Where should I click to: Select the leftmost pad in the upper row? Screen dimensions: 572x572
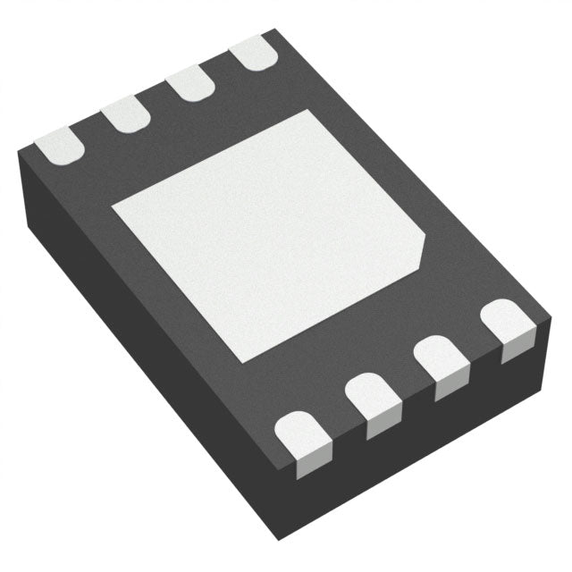coord(60,144)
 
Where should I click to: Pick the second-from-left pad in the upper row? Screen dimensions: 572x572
coord(125,114)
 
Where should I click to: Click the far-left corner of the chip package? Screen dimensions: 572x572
coord(19,154)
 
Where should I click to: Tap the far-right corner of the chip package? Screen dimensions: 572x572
coord(549,315)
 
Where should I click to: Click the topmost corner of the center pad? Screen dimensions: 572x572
coord(309,110)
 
